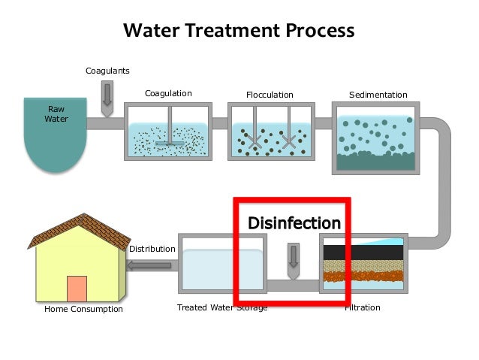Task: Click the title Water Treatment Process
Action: click(x=239, y=31)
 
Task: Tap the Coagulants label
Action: click(x=107, y=71)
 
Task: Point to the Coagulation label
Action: click(x=168, y=94)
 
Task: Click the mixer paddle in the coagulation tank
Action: click(x=170, y=140)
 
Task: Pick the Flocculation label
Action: click(x=270, y=95)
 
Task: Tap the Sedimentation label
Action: click(x=378, y=95)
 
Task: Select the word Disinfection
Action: click(x=294, y=223)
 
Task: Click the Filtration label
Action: click(x=363, y=308)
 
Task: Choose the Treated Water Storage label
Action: click(x=221, y=308)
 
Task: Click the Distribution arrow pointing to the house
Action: click(x=150, y=265)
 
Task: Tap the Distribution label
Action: click(x=152, y=249)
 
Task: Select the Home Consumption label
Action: click(x=83, y=309)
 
